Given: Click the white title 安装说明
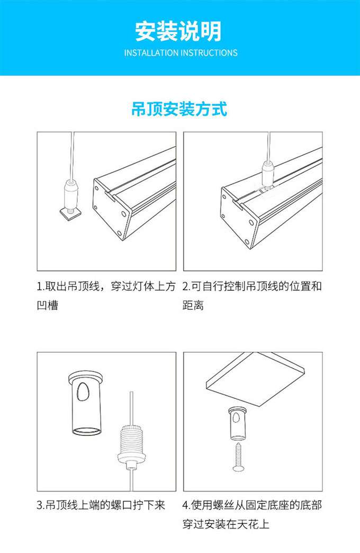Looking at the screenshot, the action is pos(178,31).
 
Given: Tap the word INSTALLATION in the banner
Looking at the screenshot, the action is pos(151,53).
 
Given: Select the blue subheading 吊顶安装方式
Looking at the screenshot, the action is pos(179,109).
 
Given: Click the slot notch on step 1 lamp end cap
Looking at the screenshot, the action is pos(111,196).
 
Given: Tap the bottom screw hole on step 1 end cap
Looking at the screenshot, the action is pos(120,233).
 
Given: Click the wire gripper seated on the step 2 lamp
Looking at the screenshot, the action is pos(269,174).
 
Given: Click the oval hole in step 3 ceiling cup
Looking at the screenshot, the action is pos(83,391).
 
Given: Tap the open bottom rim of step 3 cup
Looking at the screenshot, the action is pos(86,431).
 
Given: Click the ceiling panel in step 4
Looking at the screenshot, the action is pos(255,379).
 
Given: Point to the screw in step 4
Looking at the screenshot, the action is pos(239,457).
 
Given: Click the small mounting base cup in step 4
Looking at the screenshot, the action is pos(238,423).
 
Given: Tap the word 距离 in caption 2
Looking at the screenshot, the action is pos(193,305).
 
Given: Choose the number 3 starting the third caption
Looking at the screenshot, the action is pos(40,505).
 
